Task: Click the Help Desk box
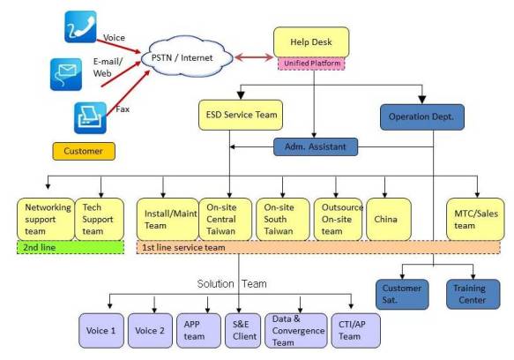click(x=311, y=42)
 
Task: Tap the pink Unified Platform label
click(x=311, y=64)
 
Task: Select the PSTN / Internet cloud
click(x=187, y=57)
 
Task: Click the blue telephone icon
click(x=80, y=26)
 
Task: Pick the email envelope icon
click(x=66, y=74)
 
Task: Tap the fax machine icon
click(x=91, y=118)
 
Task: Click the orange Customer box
click(x=84, y=151)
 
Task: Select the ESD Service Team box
click(x=241, y=115)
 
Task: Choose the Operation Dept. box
click(x=422, y=117)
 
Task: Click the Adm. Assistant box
click(x=316, y=146)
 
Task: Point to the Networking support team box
click(x=46, y=219)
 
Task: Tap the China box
click(x=389, y=219)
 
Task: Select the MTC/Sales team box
click(x=475, y=219)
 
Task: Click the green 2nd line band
click(x=71, y=247)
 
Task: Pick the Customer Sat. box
click(x=402, y=295)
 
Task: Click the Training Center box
click(x=473, y=295)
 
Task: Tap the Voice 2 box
click(x=150, y=331)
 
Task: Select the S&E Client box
click(x=243, y=331)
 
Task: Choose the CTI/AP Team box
click(x=356, y=331)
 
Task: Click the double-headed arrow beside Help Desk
click(x=254, y=57)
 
